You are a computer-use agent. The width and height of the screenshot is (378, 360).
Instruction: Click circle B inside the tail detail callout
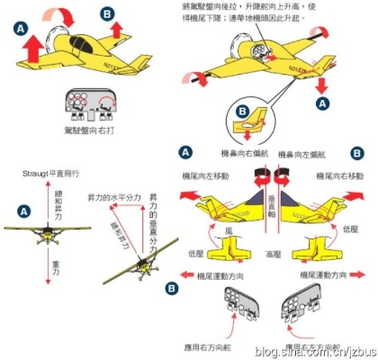[x=240, y=112]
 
